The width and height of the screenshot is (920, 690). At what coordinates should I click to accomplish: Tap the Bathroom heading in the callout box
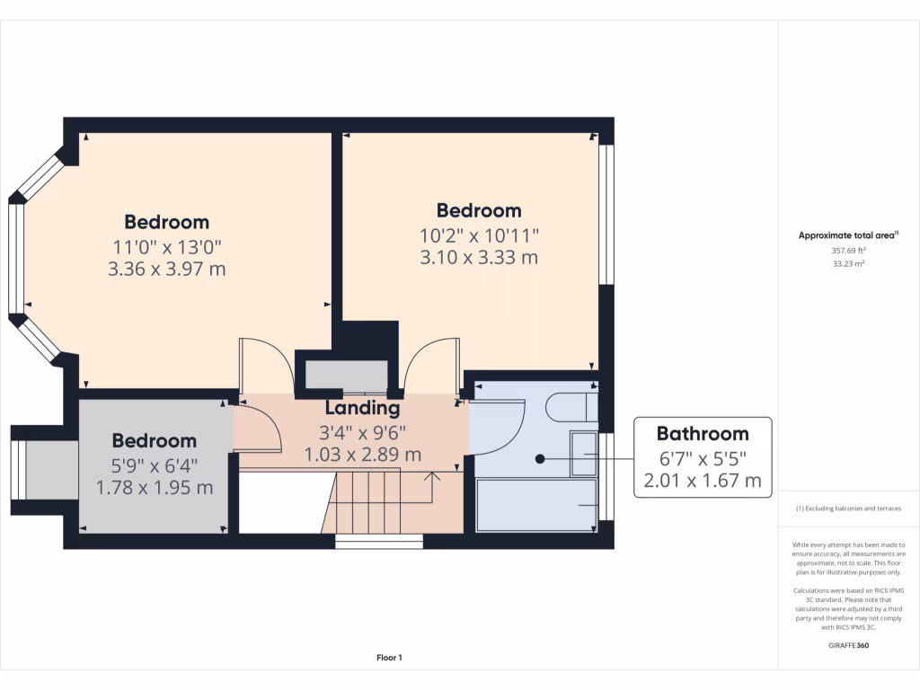tap(703, 434)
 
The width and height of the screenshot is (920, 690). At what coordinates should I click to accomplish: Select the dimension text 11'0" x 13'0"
tap(166, 245)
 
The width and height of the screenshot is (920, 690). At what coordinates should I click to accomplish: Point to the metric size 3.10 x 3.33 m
tap(479, 258)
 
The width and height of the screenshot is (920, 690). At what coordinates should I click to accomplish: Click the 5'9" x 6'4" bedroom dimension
tap(155, 464)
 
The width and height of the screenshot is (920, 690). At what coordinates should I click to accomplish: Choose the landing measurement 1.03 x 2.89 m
tap(363, 455)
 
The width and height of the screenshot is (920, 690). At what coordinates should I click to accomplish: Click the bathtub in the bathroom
tap(536, 506)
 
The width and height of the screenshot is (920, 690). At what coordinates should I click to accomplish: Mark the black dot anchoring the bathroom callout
tap(540, 459)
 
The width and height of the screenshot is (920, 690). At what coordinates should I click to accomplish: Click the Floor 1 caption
tap(389, 659)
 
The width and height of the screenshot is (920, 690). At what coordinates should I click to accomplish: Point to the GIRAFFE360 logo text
tap(848, 645)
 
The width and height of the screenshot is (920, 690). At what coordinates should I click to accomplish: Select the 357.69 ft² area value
tap(848, 252)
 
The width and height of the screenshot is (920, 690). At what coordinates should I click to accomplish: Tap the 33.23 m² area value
tap(848, 264)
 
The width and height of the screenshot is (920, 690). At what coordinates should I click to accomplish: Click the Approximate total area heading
tap(848, 235)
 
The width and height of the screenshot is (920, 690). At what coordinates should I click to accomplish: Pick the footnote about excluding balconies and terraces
tap(848, 509)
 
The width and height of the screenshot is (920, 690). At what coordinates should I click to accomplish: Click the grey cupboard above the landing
tap(346, 375)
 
